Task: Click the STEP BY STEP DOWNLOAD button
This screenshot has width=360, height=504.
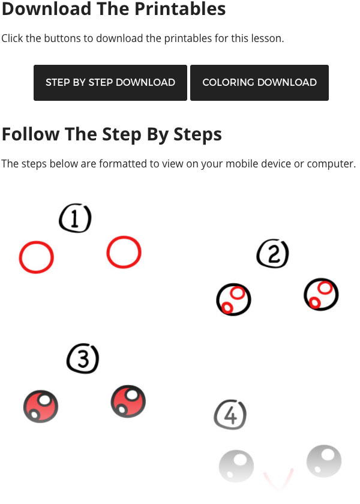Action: click(110, 83)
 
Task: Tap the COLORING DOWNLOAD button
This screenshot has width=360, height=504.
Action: click(259, 83)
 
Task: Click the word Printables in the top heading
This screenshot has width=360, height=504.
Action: click(180, 9)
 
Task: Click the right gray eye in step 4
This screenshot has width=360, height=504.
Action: click(324, 462)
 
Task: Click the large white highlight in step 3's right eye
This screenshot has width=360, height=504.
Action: click(132, 394)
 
